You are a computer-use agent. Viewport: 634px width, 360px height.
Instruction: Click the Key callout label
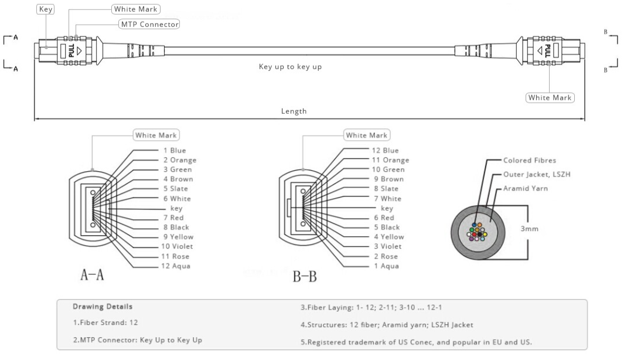[x=45, y=9]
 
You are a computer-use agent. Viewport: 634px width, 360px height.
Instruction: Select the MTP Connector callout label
[x=149, y=24]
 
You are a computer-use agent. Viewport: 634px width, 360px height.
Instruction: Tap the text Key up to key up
[x=290, y=67]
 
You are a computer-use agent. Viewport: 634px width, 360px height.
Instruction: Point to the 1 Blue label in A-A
[x=174, y=150]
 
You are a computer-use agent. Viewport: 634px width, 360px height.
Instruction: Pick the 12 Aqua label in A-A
[x=176, y=266]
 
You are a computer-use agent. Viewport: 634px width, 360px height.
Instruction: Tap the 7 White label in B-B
[x=387, y=199]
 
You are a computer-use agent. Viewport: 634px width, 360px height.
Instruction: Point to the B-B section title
[x=304, y=276]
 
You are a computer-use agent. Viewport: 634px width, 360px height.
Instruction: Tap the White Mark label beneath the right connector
[x=550, y=97]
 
